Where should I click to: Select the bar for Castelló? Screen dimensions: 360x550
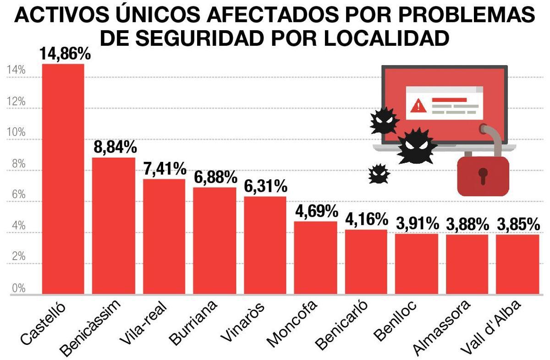63,179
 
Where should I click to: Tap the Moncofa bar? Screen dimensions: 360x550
315,257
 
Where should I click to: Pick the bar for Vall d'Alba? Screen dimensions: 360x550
517,264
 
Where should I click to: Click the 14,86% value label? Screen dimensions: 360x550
65,54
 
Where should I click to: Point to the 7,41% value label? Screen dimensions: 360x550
164,169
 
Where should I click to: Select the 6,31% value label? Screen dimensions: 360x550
265,186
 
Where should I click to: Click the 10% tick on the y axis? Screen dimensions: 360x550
16,132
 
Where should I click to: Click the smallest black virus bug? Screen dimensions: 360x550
379,174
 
